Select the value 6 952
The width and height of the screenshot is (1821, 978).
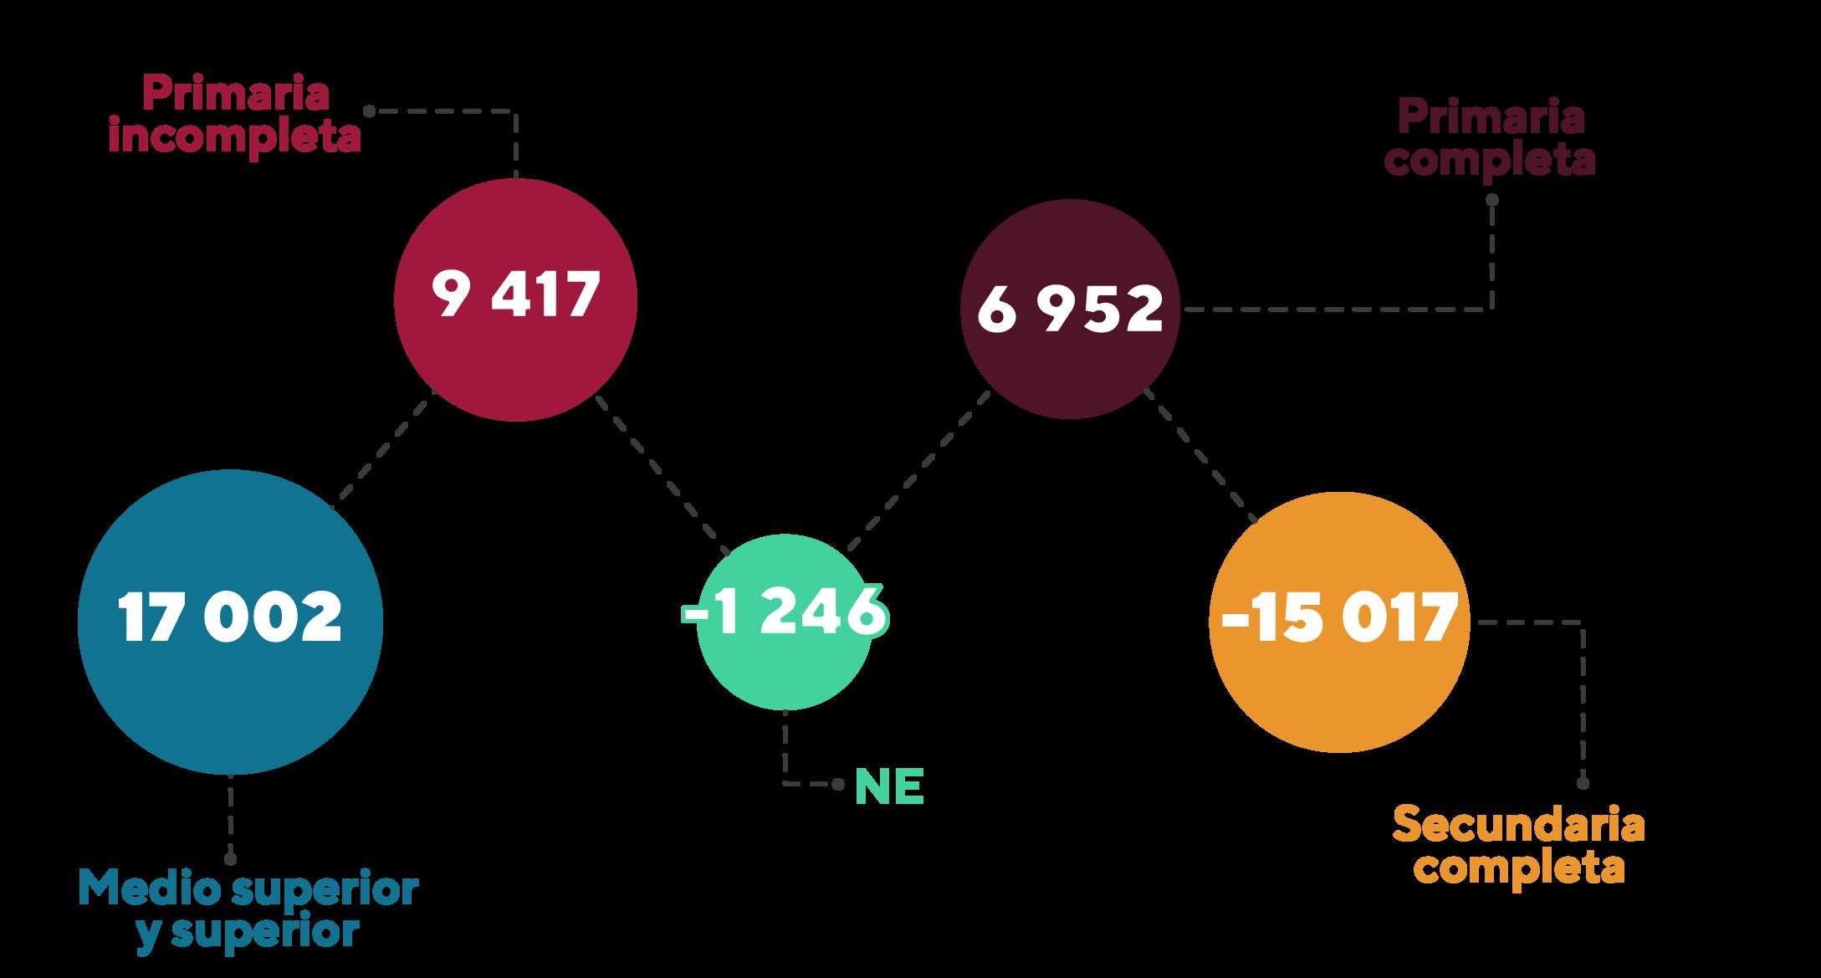[1070, 309]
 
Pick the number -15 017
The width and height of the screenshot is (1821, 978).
[1338, 620]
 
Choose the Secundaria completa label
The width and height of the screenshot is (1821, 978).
[1518, 847]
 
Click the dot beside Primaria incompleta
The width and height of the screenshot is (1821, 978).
[368, 110]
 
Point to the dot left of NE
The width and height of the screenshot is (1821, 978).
[837, 785]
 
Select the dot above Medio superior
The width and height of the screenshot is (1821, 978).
[230, 858]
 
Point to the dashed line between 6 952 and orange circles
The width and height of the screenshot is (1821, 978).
[1200, 456]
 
